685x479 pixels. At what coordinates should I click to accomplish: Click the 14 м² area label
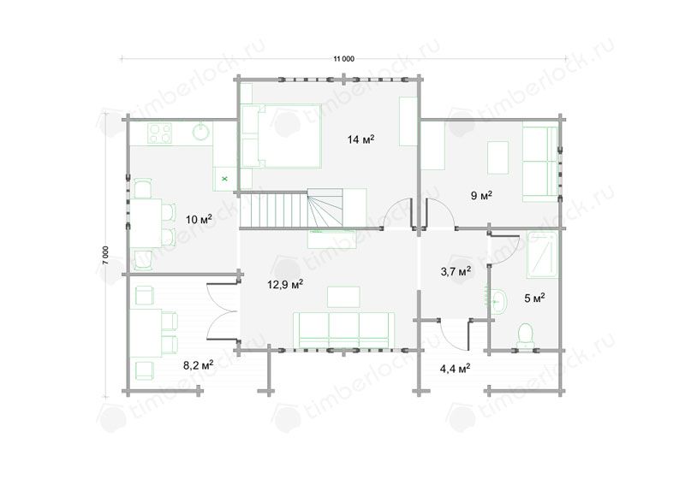coord(360,139)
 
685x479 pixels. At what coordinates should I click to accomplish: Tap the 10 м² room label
coord(199,219)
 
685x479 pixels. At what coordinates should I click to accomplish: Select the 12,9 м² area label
coord(285,285)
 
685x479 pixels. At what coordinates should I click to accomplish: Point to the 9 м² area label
coord(481,195)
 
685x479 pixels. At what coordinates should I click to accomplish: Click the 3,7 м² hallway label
coord(456,272)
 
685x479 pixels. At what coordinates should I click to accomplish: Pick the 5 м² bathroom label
coord(534,299)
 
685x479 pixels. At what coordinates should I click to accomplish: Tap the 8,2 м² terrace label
coord(199,364)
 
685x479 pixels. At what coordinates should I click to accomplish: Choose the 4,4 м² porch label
coord(455,369)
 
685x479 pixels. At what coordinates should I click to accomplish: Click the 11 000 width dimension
coord(344,59)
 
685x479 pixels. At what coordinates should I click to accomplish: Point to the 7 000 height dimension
coord(105,255)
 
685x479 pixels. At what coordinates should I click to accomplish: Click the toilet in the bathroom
coord(525,335)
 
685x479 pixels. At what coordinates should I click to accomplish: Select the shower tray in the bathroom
coord(543,254)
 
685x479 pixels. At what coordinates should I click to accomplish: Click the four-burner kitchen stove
coord(159,133)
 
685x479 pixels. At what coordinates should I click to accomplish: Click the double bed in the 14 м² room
coord(282,136)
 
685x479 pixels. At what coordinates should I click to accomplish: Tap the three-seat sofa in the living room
coord(344,330)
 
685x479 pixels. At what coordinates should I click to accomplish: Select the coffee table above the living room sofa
coord(344,297)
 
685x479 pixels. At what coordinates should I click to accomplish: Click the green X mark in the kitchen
coord(224,179)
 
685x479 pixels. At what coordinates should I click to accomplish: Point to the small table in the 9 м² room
coord(498,157)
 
